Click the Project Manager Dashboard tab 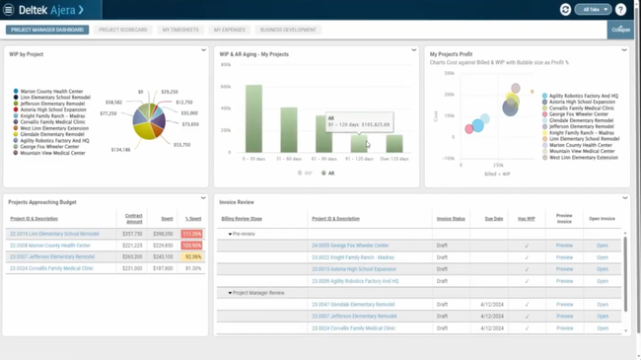[x=47, y=30]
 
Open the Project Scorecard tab [x=122, y=30]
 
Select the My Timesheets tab [x=180, y=30]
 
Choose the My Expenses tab [x=230, y=30]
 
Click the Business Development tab [x=288, y=30]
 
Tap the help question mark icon [x=620, y=10]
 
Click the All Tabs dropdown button [x=593, y=10]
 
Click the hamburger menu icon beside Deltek [x=8, y=10]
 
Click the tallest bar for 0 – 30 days [x=253, y=118]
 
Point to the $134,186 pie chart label [x=120, y=150]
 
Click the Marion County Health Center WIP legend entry [x=51, y=92]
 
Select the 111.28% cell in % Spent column [x=191, y=234]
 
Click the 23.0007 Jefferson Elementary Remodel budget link [x=52, y=256]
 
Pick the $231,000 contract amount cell [x=132, y=268]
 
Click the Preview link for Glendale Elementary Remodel [x=564, y=305]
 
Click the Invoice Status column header [x=451, y=219]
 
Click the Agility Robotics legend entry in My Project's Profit [x=583, y=97]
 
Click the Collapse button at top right [x=620, y=30]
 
